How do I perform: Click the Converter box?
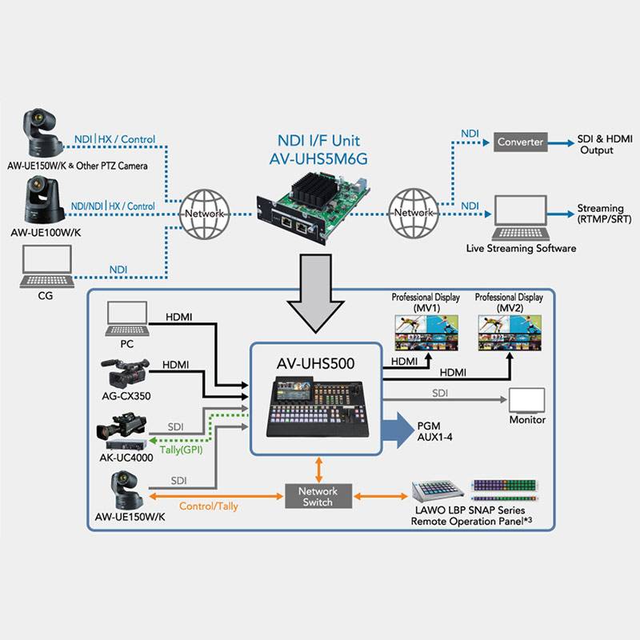coord(520,142)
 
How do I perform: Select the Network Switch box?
coord(318,496)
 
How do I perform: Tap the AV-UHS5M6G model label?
coord(319,159)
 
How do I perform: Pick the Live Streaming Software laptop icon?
coord(521,216)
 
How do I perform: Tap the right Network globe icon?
coord(414,213)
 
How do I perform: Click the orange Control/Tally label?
coord(207,506)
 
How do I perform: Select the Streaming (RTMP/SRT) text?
coord(600,214)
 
